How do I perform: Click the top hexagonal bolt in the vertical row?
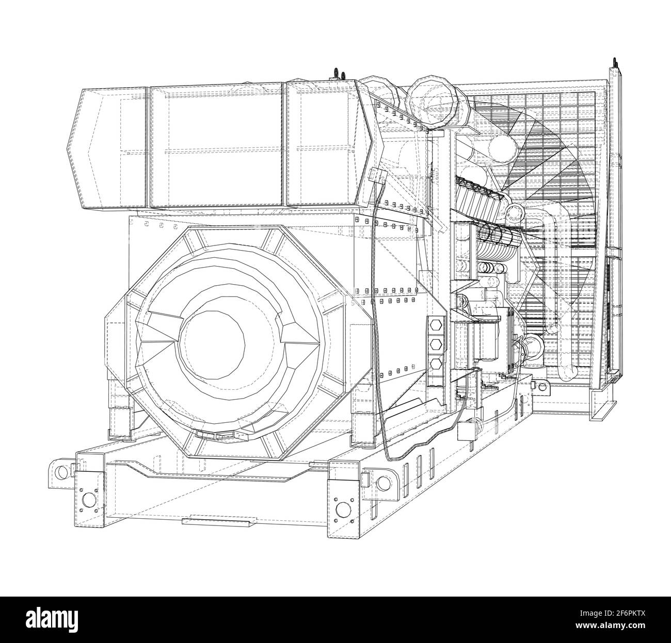pos(436,326)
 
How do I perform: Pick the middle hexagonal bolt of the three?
pos(436,344)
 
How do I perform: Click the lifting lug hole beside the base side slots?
pos(383,483)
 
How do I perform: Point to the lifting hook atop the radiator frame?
pos(615,64)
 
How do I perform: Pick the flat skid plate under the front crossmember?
pos(217,523)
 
